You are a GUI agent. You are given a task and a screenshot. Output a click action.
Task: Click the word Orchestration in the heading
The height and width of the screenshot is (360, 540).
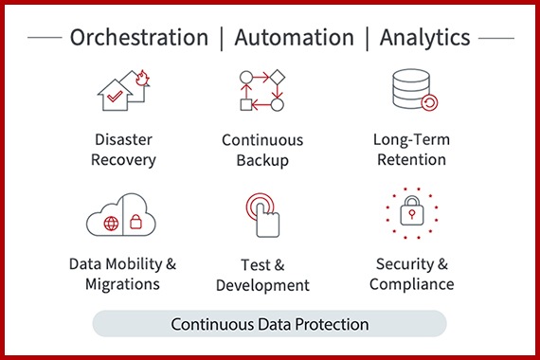click(x=138, y=38)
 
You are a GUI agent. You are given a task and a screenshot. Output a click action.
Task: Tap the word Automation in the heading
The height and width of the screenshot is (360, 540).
click(x=294, y=38)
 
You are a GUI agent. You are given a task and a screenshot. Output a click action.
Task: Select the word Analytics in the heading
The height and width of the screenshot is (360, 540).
click(x=424, y=38)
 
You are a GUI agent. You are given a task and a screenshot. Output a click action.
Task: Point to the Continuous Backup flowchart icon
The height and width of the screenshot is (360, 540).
click(x=261, y=91)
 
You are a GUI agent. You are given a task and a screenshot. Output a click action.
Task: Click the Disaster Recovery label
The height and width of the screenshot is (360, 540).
click(x=123, y=150)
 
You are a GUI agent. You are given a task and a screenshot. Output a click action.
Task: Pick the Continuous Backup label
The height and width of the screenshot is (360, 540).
click(x=262, y=150)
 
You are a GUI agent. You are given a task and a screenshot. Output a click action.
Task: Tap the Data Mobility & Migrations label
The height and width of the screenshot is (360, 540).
click(x=122, y=273)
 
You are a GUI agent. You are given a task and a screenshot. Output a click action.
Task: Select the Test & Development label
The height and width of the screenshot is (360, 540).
click(x=262, y=275)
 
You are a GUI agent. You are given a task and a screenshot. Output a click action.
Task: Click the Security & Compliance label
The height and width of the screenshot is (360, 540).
click(x=412, y=273)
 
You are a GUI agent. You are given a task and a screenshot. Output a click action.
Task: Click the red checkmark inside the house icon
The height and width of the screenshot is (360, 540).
click(x=113, y=97)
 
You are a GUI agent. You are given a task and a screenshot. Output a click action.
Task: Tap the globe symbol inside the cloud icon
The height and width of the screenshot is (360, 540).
click(x=111, y=224)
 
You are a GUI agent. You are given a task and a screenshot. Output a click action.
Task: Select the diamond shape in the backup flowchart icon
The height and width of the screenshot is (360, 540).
click(x=279, y=76)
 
